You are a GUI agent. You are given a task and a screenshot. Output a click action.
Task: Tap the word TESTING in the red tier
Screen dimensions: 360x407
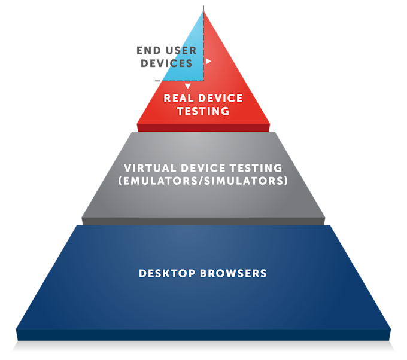click(203, 111)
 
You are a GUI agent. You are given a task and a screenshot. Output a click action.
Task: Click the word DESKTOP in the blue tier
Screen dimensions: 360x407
click(167, 274)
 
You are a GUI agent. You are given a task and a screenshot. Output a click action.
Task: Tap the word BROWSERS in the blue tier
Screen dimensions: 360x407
click(235, 274)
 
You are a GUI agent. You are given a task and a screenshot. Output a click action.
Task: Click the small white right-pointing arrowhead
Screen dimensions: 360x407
click(208, 61)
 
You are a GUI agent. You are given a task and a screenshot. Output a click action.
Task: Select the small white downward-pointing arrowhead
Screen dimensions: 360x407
click(187, 86)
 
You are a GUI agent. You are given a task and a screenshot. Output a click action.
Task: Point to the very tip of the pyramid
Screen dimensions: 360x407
click(203, 8)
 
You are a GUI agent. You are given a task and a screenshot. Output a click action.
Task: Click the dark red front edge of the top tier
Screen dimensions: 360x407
click(203, 128)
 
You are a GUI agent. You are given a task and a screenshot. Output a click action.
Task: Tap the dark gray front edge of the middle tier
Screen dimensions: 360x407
click(203, 221)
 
